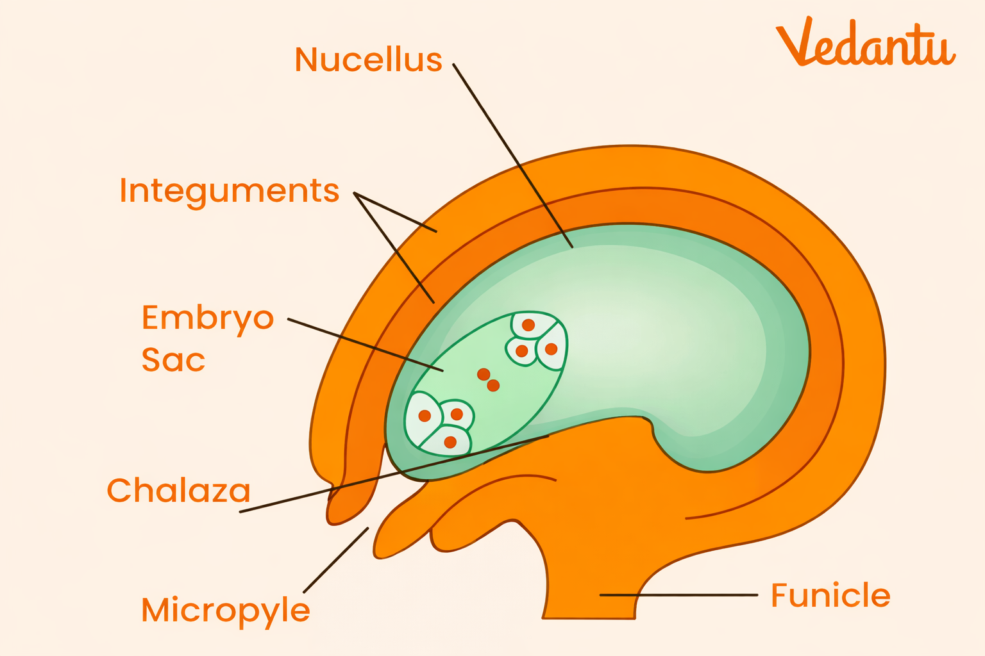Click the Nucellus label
[x=368, y=60]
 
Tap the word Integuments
[x=229, y=191]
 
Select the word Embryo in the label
[x=208, y=318]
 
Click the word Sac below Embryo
[x=173, y=360]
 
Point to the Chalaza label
[x=178, y=491]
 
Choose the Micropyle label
[x=225, y=611]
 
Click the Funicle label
[x=830, y=595]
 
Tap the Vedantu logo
[x=865, y=44]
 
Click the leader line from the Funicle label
[x=680, y=595]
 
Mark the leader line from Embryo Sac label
[x=366, y=345]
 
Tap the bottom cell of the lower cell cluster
[x=449, y=442]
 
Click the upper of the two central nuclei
[x=484, y=374]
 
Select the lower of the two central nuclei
[x=493, y=386]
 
